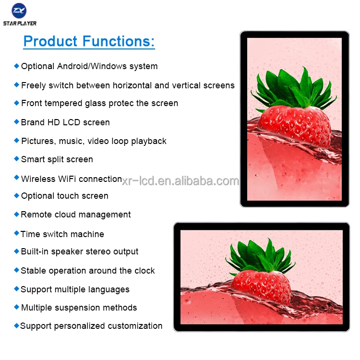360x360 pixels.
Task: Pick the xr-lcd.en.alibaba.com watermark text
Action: (x=180, y=181)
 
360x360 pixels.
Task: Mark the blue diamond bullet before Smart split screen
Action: (x=17, y=158)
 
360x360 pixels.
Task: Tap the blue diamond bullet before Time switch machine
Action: (x=17, y=233)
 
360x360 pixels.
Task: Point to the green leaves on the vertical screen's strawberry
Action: (x=294, y=89)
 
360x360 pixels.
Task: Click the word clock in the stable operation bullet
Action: (x=144, y=271)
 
